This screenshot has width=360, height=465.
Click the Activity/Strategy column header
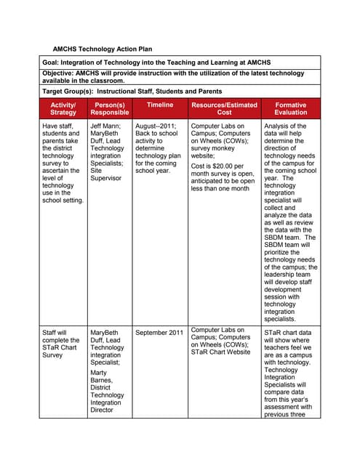point(63,109)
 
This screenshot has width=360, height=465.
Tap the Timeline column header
point(159,105)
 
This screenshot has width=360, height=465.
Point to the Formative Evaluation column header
point(291,109)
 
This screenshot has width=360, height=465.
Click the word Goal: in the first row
point(53,63)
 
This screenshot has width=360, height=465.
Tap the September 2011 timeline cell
point(159,333)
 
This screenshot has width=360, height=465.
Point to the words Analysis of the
point(285,126)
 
